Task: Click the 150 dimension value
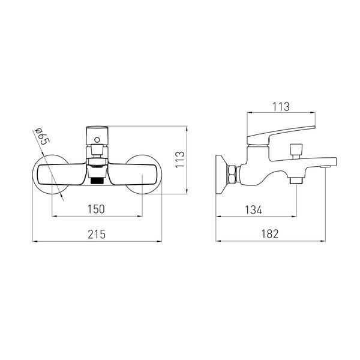[x=96, y=209]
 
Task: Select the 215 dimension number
[x=97, y=234]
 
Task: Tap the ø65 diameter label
[x=42, y=136]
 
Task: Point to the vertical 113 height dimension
[x=180, y=160]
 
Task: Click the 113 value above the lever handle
[x=281, y=107]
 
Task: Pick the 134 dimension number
[x=253, y=210]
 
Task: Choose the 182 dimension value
[x=270, y=234]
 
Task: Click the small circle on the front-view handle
[x=97, y=140]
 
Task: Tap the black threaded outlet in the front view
[x=97, y=181]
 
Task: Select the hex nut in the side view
[x=232, y=174]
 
